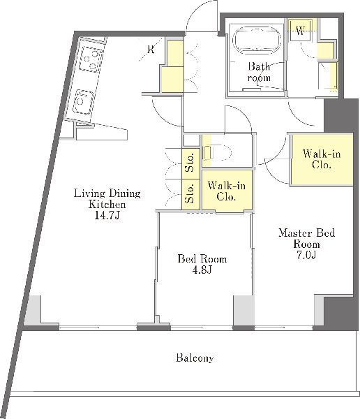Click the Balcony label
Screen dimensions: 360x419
[195, 358]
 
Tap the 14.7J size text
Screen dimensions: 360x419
[107, 215]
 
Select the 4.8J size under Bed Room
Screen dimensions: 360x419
[202, 270]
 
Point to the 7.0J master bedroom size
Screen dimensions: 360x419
[306, 255]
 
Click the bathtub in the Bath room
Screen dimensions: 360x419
[256, 40]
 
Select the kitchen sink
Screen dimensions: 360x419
[83, 102]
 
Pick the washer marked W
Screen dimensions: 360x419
[300, 30]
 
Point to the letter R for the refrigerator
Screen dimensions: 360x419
[151, 49]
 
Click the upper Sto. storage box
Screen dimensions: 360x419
[190, 163]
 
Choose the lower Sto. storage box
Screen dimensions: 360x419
[190, 194]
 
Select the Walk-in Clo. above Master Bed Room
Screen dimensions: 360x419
[322, 159]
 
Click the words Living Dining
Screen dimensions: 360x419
[107, 193]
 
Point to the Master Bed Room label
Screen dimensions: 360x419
[306, 238]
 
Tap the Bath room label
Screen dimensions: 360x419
[259, 72]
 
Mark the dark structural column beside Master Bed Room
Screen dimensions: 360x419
[338, 115]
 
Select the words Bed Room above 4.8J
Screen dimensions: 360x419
[202, 259]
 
